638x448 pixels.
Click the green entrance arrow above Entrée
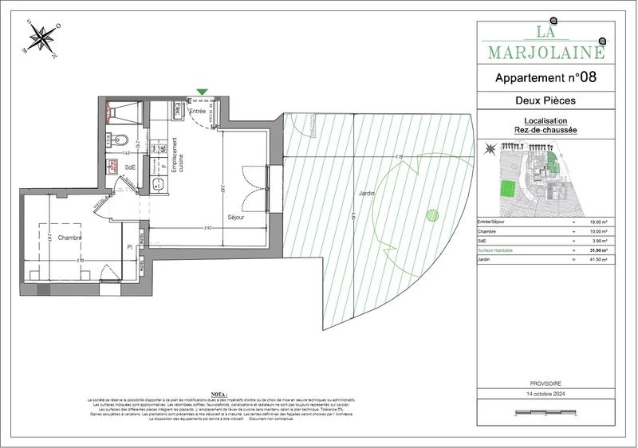pos(203,92)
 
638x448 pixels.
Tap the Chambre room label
pos(69,237)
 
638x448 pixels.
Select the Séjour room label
pos(234,216)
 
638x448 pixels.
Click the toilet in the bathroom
pos(120,142)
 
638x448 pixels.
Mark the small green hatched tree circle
pos(431,214)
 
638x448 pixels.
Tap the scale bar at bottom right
pos(545,414)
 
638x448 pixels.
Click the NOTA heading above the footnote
pos(219,394)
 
